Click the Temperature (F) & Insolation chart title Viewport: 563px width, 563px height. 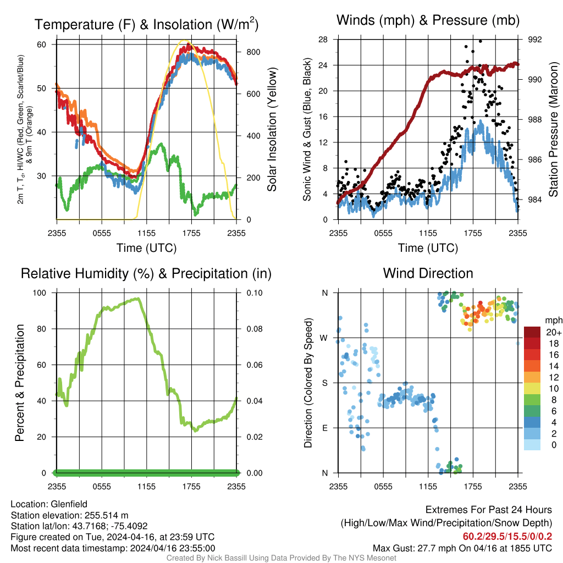[146, 24]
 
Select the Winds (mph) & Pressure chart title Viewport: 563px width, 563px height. [428, 20]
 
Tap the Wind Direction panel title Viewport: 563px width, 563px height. [428, 273]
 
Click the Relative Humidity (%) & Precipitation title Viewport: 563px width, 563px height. [146, 273]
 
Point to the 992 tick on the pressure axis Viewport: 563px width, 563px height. [535, 40]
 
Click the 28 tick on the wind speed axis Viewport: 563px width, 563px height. [323, 40]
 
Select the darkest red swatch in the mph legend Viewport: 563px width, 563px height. [532, 332]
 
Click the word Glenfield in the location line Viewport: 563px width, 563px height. [69, 504]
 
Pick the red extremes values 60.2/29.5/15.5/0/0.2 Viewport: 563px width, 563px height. [507, 536]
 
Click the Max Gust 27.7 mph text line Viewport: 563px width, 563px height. [462, 548]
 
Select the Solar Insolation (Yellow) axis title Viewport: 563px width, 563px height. [272, 130]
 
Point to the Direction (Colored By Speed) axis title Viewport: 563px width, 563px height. [308, 383]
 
